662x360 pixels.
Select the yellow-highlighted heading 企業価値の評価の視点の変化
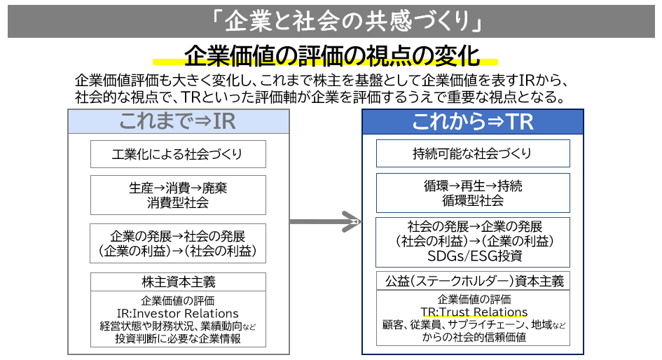pyautogui.click(x=331, y=55)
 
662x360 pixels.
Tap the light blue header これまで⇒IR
pyautogui.click(x=177, y=121)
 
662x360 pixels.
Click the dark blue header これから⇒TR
pyautogui.click(x=473, y=121)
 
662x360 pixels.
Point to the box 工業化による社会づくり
pyautogui.click(x=178, y=154)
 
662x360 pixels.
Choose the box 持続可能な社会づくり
pyautogui.click(x=473, y=154)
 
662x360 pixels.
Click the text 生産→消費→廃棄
pyautogui.click(x=178, y=188)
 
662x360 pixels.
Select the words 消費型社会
pyautogui.click(x=178, y=203)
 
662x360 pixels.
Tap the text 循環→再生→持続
pyautogui.click(x=473, y=187)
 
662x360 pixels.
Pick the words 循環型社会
pyautogui.click(x=473, y=202)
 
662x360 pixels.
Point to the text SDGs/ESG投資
pyautogui.click(x=473, y=256)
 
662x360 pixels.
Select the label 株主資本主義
pyautogui.click(x=178, y=282)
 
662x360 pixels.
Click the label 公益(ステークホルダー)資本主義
pyautogui.click(x=474, y=281)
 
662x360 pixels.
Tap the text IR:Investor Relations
pyautogui.click(x=178, y=313)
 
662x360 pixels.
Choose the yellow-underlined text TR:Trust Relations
pyautogui.click(x=474, y=312)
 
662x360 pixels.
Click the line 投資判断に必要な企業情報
pyautogui.click(x=178, y=338)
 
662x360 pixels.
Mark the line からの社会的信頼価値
pyautogui.click(x=474, y=337)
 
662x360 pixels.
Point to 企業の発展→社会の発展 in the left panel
pyautogui.click(x=178, y=235)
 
